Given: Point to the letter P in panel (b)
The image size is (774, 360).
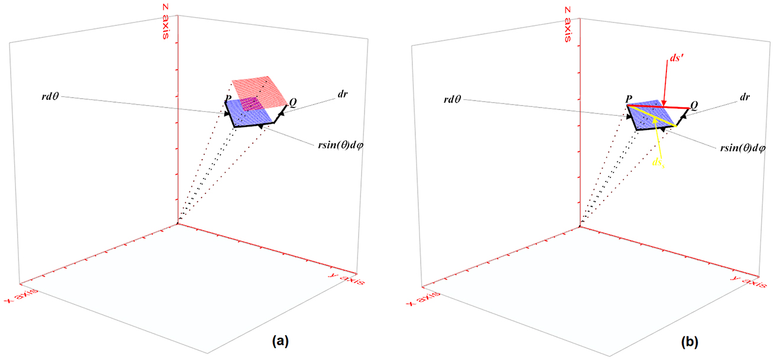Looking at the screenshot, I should [x=630, y=99].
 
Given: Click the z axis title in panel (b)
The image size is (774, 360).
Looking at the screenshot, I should [x=567, y=24].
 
